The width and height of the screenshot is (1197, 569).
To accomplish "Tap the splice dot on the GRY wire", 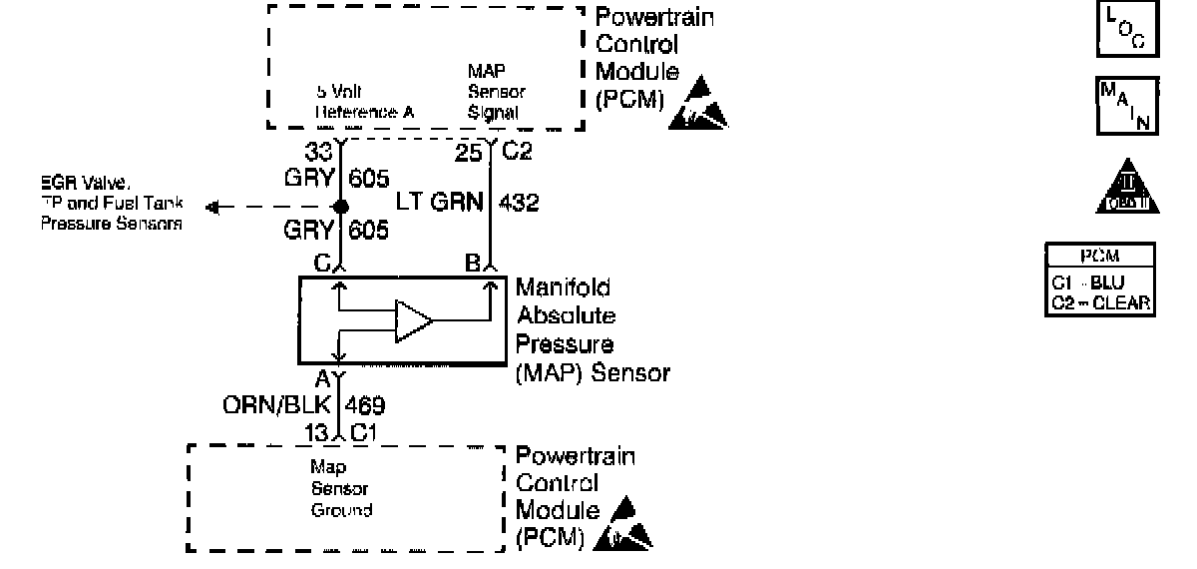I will (x=341, y=207).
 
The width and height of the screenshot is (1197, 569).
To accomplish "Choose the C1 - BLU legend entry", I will (x=1087, y=284).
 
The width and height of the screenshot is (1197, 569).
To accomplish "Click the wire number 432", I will (x=517, y=204).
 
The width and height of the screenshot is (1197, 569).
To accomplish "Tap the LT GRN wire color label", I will (x=439, y=204).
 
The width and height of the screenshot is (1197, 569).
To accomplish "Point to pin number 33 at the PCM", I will (x=319, y=153).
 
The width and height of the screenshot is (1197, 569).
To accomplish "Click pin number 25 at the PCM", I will (x=468, y=153).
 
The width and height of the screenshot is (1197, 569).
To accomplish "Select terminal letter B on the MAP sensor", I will (x=474, y=265).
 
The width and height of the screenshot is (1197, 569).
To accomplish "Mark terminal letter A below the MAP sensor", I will (x=323, y=380).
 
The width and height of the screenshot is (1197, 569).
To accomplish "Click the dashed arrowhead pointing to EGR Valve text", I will (x=211, y=207).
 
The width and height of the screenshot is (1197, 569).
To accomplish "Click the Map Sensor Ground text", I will (x=341, y=488).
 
